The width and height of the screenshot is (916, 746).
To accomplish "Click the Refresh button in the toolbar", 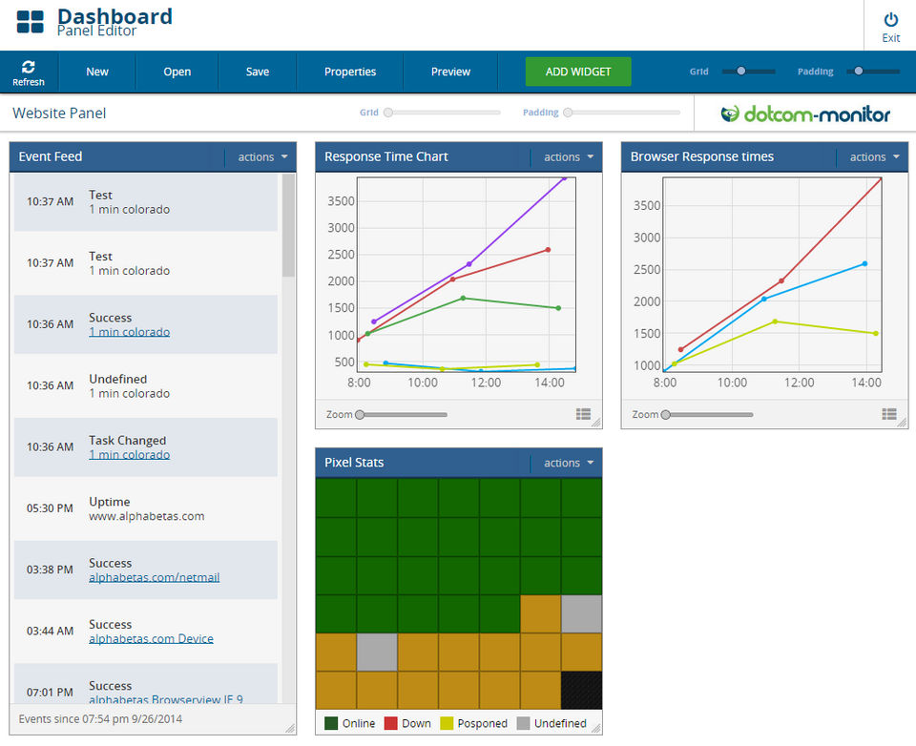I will pos(29,72).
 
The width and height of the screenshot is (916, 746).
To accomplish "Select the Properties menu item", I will pos(350,72).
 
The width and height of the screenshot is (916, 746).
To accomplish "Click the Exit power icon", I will pos(891,19).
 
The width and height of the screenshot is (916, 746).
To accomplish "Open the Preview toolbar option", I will pos(450,72).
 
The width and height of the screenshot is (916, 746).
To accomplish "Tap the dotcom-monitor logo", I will pos(805,114).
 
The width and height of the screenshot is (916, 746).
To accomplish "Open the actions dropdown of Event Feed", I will pos(262,157).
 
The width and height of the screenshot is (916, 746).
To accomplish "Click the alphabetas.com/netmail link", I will pos(154,577).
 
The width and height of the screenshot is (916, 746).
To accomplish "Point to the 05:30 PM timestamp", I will pos(50,508).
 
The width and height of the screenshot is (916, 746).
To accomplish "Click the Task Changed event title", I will pos(127,441).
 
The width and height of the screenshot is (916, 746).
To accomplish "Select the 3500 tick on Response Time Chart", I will pos(341,201).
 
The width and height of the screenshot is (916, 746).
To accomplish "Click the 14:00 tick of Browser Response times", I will pos(866,383).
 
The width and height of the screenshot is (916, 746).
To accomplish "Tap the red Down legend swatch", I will pos(390,723).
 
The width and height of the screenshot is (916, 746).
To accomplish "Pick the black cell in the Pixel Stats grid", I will pos(581,689).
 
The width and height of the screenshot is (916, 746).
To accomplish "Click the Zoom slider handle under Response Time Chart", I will pos(360,414).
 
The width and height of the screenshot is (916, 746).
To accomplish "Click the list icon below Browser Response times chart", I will pos(889,414).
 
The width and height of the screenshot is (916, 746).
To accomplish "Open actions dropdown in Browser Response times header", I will pos(874,157).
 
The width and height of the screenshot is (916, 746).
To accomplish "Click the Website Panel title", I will pos(59,114).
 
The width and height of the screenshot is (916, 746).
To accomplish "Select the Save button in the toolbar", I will pos(258,72).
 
